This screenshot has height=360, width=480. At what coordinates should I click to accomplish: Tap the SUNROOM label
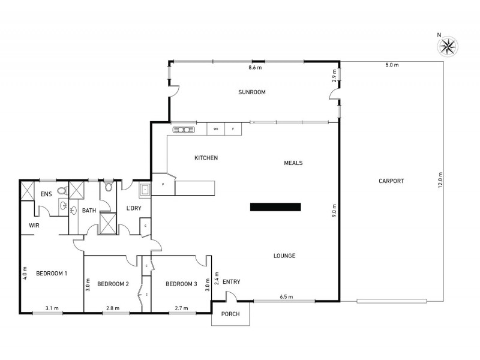251,92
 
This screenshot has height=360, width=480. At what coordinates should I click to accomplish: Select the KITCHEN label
205,158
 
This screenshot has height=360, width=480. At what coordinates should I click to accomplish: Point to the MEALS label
293,163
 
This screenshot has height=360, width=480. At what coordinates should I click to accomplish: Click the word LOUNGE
284,256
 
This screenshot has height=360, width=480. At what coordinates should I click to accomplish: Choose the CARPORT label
391,181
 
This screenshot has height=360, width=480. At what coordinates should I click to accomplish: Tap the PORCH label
230,314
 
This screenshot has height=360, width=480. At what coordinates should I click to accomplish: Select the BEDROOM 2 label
113,284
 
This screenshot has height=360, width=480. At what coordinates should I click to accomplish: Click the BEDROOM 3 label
181,284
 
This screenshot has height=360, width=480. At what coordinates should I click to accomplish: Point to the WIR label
34,225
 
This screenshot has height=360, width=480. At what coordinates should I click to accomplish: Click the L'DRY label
133,208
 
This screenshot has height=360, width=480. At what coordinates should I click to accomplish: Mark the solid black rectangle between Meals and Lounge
276,207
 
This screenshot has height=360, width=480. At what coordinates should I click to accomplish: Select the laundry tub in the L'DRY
145,190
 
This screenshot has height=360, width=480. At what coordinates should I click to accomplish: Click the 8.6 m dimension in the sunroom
256,68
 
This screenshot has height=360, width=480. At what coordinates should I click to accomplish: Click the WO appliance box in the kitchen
215,129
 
